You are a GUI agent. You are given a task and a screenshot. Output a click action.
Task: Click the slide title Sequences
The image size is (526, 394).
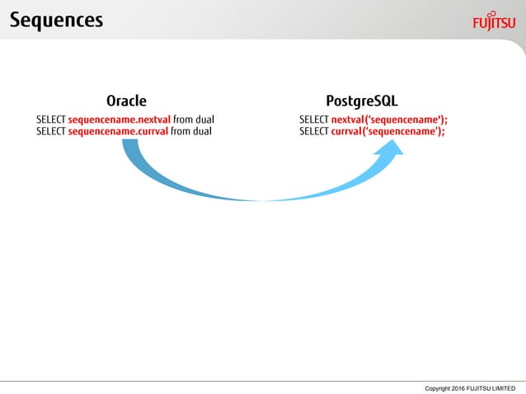[x=57, y=20]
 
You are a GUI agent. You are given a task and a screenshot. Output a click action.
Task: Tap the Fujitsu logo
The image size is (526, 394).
[x=494, y=21]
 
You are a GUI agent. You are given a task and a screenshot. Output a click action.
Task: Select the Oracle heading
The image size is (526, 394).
[x=126, y=102]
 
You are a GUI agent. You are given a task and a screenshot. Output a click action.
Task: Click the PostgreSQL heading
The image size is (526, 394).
[x=362, y=102]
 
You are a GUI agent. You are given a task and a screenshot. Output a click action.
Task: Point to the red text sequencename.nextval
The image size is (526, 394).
[x=119, y=120]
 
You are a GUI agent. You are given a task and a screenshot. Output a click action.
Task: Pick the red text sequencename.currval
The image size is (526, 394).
[x=119, y=131]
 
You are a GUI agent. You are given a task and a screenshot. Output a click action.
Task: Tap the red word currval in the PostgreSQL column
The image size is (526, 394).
[x=346, y=131]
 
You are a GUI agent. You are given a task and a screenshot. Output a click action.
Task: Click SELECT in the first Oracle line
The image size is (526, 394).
[x=51, y=120]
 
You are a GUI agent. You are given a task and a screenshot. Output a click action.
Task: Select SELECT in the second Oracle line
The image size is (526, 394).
[x=51, y=131]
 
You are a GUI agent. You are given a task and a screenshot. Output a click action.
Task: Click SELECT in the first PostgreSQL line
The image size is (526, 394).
[x=313, y=120]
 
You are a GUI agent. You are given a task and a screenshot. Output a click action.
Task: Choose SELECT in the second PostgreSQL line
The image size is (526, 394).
[x=313, y=131]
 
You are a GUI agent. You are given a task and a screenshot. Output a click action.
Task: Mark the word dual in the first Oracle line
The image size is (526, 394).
[x=204, y=120]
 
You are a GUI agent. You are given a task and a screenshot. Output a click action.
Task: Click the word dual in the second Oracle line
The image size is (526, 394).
[x=202, y=131]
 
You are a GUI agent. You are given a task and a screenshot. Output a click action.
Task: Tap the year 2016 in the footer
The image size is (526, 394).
[x=458, y=387]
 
